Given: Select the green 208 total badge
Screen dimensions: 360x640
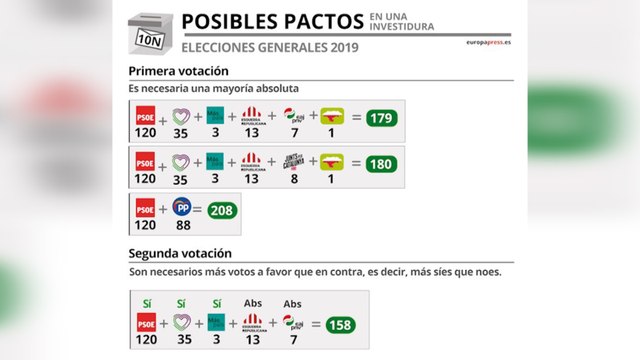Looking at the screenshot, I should point(221,211).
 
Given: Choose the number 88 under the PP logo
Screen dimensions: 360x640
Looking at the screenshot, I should point(181,225).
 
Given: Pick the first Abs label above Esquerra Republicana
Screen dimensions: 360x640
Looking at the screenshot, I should point(252,304).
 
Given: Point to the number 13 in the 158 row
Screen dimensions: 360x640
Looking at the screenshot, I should point(252,339).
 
